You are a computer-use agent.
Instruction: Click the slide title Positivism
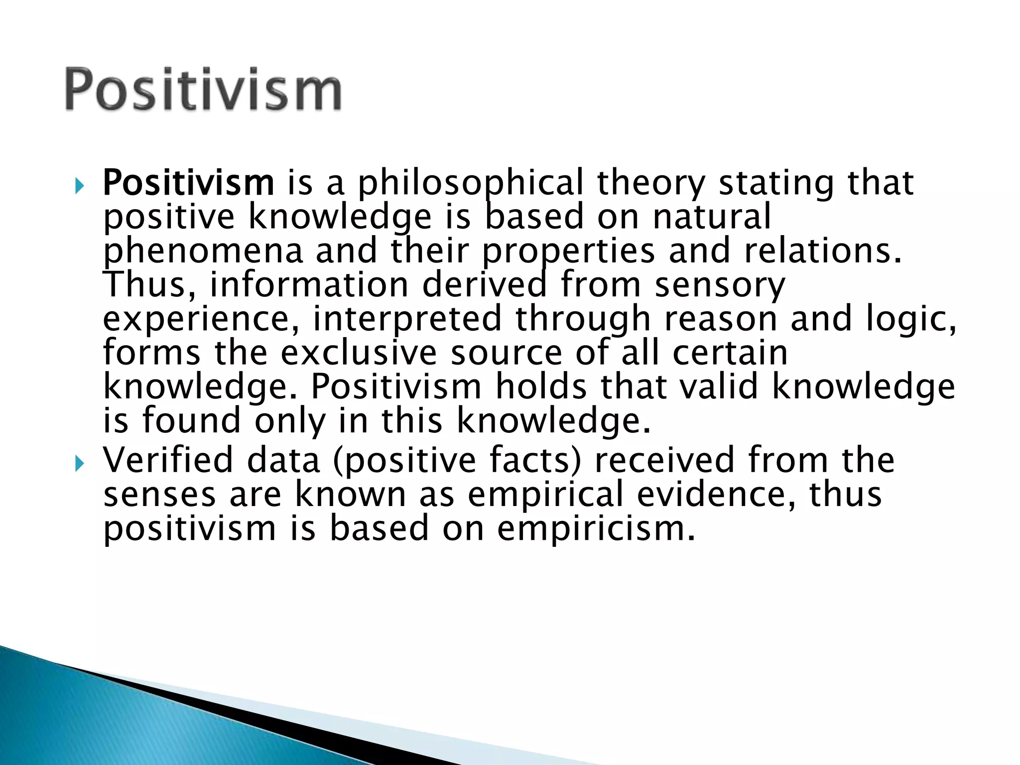(x=203, y=90)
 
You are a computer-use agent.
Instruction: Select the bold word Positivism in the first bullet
(x=188, y=183)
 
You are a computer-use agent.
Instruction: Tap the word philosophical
(x=471, y=183)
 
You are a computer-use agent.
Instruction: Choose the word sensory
(x=720, y=284)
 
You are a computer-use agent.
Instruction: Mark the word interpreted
(x=407, y=318)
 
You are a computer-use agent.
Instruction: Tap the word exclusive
(x=359, y=352)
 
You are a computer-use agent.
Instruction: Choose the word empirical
(x=546, y=494)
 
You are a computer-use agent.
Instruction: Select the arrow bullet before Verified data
(x=79, y=464)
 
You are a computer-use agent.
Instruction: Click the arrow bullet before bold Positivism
(x=79, y=187)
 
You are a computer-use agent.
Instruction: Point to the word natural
(x=712, y=217)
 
